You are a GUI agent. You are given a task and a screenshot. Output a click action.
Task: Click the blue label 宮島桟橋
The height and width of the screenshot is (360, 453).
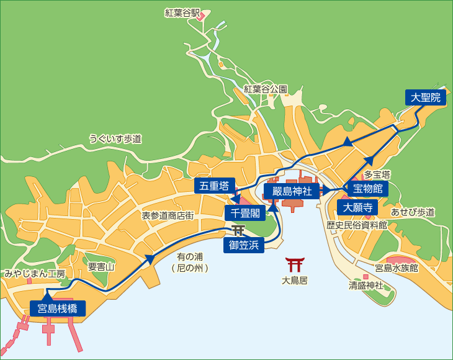pyautogui.click(x=57, y=307)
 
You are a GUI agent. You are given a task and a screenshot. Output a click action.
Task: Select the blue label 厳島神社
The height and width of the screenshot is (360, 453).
pyautogui.click(x=292, y=190)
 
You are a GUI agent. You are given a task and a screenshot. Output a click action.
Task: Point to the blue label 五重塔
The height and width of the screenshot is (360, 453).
pyautogui.click(x=213, y=185)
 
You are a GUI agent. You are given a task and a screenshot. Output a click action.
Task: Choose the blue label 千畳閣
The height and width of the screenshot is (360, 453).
pyautogui.click(x=244, y=213)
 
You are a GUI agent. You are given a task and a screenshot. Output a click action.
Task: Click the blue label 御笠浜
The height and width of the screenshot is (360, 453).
pyautogui.click(x=243, y=246)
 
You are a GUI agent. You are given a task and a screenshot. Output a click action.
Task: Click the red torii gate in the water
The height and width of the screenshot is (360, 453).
pyautogui.click(x=295, y=264)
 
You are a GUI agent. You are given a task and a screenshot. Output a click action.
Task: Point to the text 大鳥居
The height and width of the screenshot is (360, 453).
pyautogui.click(x=295, y=280)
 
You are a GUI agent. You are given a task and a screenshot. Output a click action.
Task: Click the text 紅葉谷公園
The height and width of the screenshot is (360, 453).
pyautogui.click(x=266, y=89)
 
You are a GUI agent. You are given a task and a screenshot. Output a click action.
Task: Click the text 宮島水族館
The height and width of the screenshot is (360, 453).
pyautogui.click(x=397, y=268)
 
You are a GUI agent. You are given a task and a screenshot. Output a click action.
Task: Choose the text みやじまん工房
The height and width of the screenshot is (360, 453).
pyautogui.click(x=35, y=273)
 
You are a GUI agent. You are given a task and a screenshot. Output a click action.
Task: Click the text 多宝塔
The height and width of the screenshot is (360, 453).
pyautogui.click(x=376, y=174)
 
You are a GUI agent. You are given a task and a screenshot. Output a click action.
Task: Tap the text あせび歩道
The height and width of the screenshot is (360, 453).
pyautogui.click(x=413, y=212)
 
